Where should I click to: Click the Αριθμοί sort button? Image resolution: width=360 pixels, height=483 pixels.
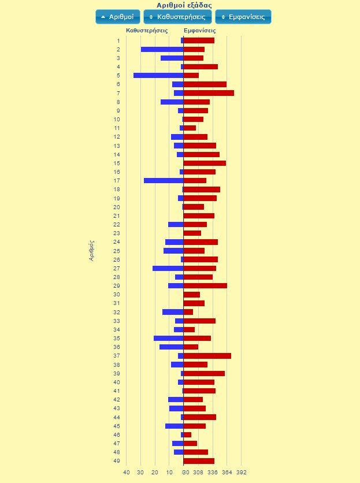tap(118, 17)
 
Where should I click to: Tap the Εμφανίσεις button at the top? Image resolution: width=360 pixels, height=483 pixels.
tap(243, 17)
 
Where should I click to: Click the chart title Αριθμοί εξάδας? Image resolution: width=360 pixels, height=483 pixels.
tap(180, 5)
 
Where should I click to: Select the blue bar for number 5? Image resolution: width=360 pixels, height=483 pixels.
tap(158, 76)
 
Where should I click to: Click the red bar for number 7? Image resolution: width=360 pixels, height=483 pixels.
tap(209, 93)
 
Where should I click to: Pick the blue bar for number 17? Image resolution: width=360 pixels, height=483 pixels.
tap(164, 181)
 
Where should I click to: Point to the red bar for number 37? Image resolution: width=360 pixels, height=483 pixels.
tap(207, 356)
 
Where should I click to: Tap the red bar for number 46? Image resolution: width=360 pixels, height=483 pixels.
tap(187, 434)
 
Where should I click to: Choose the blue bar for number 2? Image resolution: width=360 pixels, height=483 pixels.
tap(162, 50)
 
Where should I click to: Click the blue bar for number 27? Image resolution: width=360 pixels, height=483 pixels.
tap(168, 268)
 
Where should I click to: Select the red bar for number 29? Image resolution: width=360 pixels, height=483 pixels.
tap(205, 285)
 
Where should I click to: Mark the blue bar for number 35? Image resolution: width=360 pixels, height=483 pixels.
tap(169, 339)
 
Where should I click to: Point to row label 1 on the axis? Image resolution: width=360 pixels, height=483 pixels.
tap(118, 40)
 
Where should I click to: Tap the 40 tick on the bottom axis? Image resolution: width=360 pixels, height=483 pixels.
tap(127, 472)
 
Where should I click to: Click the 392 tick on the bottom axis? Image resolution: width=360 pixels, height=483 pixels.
tap(241, 472)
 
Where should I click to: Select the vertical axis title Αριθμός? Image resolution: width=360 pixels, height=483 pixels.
tap(92, 251)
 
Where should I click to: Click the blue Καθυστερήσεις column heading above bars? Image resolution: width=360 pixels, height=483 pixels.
tap(147, 30)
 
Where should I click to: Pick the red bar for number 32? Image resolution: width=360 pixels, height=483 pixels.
tap(188, 312)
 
